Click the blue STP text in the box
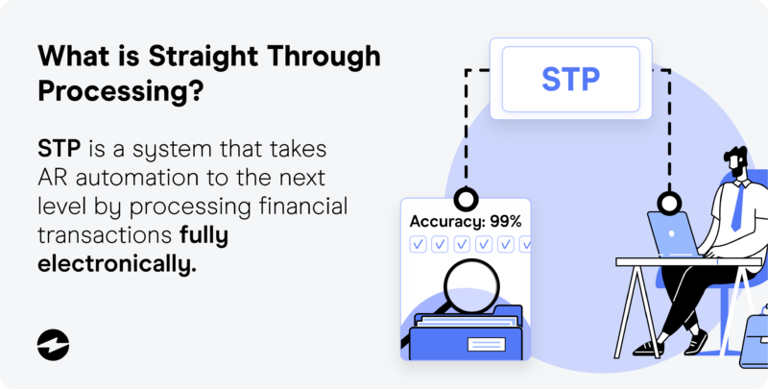pyautogui.click(x=570, y=79)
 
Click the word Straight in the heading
pyautogui.click(x=204, y=57)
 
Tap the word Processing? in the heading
pyautogui.click(x=121, y=90)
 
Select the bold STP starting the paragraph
pyautogui.click(x=60, y=149)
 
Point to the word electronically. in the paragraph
pyautogui.click(x=117, y=264)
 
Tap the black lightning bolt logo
pyautogui.click(x=53, y=345)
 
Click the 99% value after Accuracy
pyautogui.click(x=506, y=222)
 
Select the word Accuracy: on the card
pyautogui.click(x=446, y=222)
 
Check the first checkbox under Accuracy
pyautogui.click(x=418, y=244)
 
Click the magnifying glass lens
pyautogui.click(x=471, y=285)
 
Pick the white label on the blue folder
pyautogui.click(x=487, y=344)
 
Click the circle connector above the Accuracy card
pyautogui.click(x=466, y=200)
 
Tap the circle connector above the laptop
pyautogui.click(x=669, y=203)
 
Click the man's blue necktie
pyautogui.click(x=737, y=207)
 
